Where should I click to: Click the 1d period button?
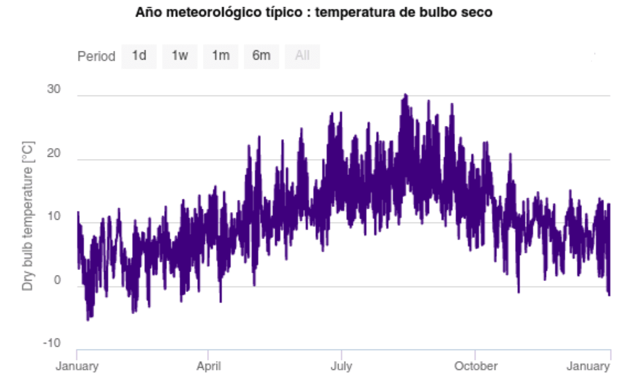click(x=139, y=56)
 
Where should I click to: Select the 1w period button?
click(x=180, y=56)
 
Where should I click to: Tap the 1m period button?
click(x=221, y=56)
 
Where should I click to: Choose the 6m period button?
click(x=262, y=56)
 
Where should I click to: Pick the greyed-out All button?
click(x=302, y=56)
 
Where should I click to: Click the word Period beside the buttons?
click(x=96, y=56)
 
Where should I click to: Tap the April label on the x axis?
click(x=209, y=366)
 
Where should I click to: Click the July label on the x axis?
click(x=341, y=366)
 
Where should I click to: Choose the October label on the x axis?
click(x=475, y=366)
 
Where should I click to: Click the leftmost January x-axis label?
click(x=77, y=366)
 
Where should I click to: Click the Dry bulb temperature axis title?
click(x=28, y=216)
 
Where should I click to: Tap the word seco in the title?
click(x=478, y=12)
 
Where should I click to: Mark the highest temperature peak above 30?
click(x=406, y=95)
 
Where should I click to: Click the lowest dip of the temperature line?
click(x=88, y=320)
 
